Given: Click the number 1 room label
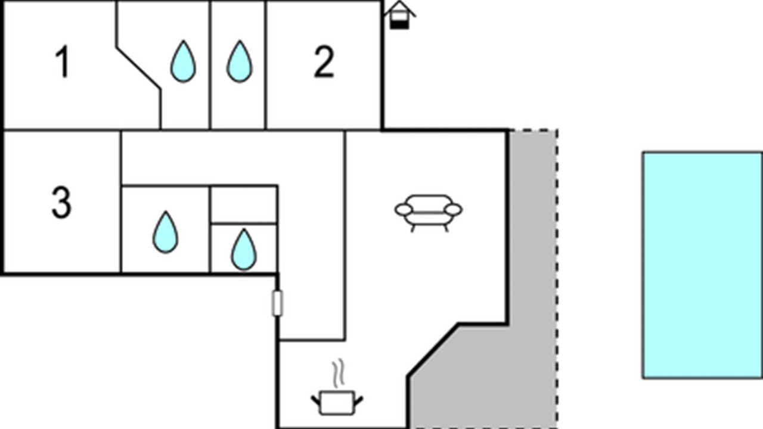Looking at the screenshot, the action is tap(63, 62).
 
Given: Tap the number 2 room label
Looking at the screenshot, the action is tap(324, 62).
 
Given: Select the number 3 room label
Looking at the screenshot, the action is tap(61, 203).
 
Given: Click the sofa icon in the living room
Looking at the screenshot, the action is tap(429, 213).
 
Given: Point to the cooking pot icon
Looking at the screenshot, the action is tap(337, 403).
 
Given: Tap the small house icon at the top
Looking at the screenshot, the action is tap(399, 15).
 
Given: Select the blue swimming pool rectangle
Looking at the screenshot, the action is tap(703, 265).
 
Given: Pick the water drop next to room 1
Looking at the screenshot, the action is tap(183, 62).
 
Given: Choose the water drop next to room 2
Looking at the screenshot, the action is tap(240, 62).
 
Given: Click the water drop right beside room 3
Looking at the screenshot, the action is tap(165, 232).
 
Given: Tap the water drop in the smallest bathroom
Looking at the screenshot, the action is tap(244, 250).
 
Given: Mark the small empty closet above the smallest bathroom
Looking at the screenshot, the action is tap(244, 204).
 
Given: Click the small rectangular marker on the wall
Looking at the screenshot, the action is tap(277, 303).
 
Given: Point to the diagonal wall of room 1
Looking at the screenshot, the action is tap(139, 69).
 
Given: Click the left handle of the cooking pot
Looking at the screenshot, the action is tap(316, 401).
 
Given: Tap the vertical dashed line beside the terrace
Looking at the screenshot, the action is tap(557, 279).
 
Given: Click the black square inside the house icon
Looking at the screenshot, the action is tap(399, 24).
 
